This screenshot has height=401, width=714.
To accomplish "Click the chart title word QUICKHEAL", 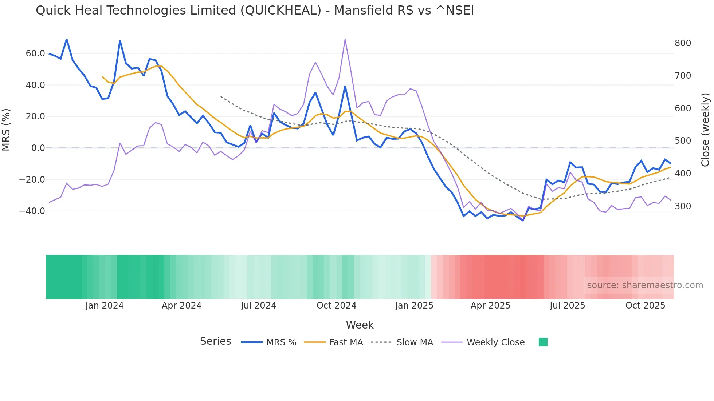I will pos(280,11).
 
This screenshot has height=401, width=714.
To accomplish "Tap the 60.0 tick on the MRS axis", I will pos(35,53).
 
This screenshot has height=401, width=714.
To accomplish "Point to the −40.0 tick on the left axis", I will pos(32,211).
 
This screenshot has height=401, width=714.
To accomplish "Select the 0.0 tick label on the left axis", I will pos(38,148).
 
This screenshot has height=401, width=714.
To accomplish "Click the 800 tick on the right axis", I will pos(683,43).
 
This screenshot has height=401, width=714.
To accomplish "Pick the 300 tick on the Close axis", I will pos(683,206).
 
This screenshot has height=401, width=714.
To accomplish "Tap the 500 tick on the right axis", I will pos(683,141).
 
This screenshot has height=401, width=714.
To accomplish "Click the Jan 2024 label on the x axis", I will pos(105,306).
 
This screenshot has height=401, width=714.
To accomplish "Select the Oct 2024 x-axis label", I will pos(336,306).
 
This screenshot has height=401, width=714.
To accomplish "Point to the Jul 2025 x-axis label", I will pos(567,306).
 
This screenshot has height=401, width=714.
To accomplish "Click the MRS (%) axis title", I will pos(6,130).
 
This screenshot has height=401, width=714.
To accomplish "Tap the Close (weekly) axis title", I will pos(706,130).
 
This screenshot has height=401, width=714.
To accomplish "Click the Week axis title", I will pos(360,325).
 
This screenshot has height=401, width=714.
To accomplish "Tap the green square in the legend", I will pos(543,342).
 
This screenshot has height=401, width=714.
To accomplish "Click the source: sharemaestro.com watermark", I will pos(645,285).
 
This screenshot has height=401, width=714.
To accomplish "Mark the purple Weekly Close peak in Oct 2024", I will pos(345,39).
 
